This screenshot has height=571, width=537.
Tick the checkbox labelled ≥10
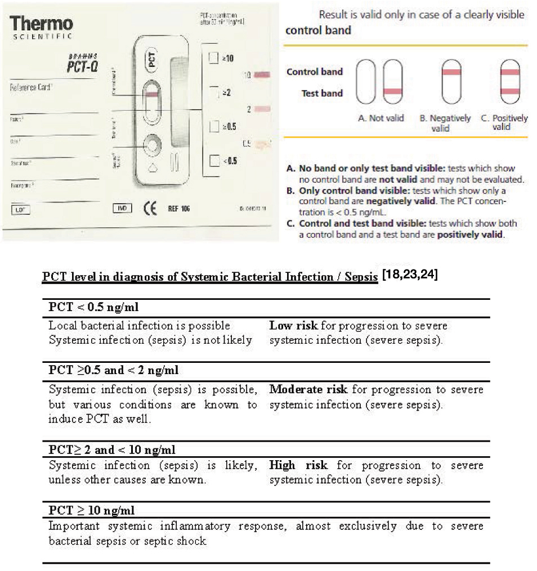pyautogui.click(x=213, y=57)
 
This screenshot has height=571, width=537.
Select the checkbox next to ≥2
pyautogui.click(x=213, y=92)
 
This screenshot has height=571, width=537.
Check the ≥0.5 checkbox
pyautogui.click(x=213, y=126)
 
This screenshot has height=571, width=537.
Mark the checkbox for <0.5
pyautogui.click(x=213, y=161)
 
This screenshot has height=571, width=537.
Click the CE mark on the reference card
pyautogui.click(x=150, y=209)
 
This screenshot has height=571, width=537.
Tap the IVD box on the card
pyautogui.click(x=123, y=208)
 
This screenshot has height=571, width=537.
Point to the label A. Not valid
pyautogui.click(x=381, y=118)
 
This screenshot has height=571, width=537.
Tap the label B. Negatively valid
pyautogui.click(x=445, y=123)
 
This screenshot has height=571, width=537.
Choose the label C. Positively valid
pyautogui.click(x=504, y=122)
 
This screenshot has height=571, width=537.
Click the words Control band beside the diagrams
pyautogui.click(x=314, y=71)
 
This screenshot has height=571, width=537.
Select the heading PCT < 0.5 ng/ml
pyautogui.click(x=93, y=307)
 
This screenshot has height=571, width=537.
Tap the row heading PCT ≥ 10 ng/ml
pyautogui.click(x=91, y=510)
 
